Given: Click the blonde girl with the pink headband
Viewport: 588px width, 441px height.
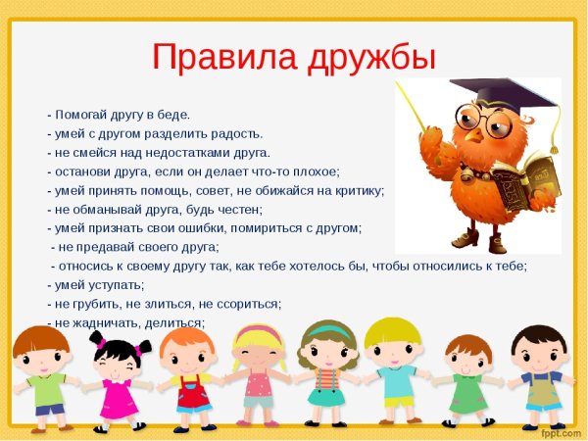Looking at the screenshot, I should pyautogui.click(x=258, y=377).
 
